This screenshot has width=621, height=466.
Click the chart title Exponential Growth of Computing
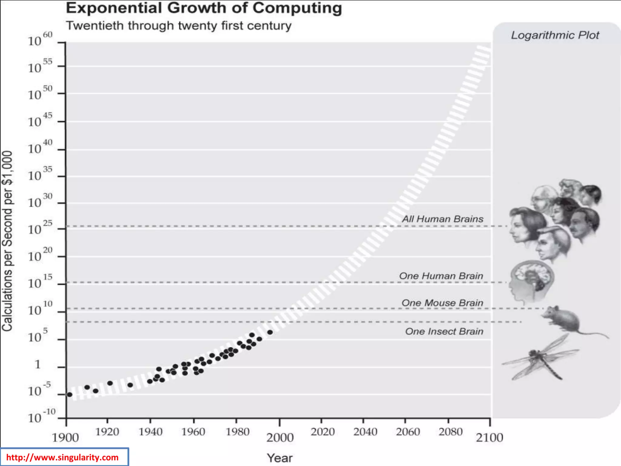coord(204,8)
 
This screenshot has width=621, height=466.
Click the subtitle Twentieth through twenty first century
coord(179,26)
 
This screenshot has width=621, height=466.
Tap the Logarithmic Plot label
coord(555,35)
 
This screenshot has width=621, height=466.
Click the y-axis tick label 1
coord(38,364)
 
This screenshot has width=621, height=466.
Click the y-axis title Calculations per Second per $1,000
coord(7,241)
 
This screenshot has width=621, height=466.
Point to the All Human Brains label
coord(442,219)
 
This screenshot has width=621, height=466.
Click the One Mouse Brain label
coord(442,303)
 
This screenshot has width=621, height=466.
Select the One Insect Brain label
coord(444,331)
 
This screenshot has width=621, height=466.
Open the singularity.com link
coord(62,457)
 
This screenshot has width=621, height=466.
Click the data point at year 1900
coord(69,394)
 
